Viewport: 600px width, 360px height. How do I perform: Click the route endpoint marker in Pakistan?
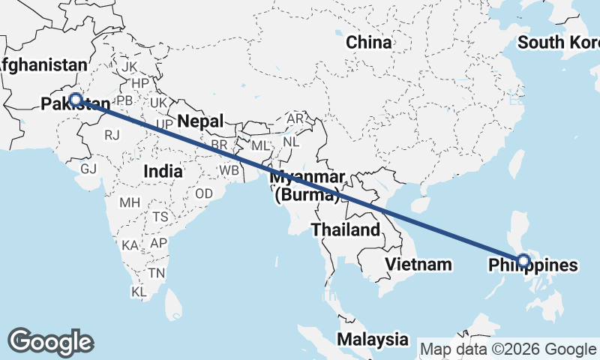(x=76, y=99)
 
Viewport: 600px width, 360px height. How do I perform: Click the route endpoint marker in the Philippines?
(x=523, y=261)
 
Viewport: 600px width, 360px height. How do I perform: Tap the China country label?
(x=368, y=43)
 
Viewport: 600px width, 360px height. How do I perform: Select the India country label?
(x=163, y=171)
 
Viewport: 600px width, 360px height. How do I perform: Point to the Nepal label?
(x=200, y=121)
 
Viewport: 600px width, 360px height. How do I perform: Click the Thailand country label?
(x=346, y=229)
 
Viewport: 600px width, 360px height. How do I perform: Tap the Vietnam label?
(x=418, y=264)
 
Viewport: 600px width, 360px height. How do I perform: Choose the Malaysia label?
(x=372, y=339)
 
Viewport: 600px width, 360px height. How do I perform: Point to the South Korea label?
(x=559, y=43)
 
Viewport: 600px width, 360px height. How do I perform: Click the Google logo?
(x=50, y=342)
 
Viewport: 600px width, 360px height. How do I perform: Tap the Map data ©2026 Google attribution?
(x=507, y=349)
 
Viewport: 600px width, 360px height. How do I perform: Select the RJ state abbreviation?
(x=112, y=135)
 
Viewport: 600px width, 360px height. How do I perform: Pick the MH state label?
(x=130, y=202)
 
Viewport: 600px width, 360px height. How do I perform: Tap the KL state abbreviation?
(x=139, y=290)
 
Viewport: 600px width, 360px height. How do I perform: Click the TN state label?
(x=156, y=272)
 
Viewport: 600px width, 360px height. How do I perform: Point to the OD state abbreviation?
(x=204, y=193)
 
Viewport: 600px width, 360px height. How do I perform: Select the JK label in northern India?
(x=128, y=67)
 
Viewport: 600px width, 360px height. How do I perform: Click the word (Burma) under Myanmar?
(x=307, y=196)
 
